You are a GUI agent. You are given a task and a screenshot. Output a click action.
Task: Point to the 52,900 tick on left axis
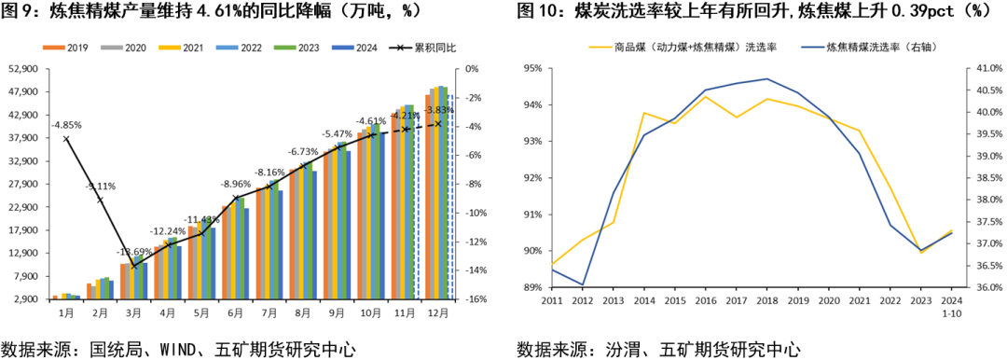point(21,69)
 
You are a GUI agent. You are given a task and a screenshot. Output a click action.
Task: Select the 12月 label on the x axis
point(436,314)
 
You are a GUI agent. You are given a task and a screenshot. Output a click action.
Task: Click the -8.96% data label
point(235,184)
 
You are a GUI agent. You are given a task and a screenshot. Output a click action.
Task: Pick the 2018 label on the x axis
point(766,301)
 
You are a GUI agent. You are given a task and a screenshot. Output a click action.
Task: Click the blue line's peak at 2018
point(766,79)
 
